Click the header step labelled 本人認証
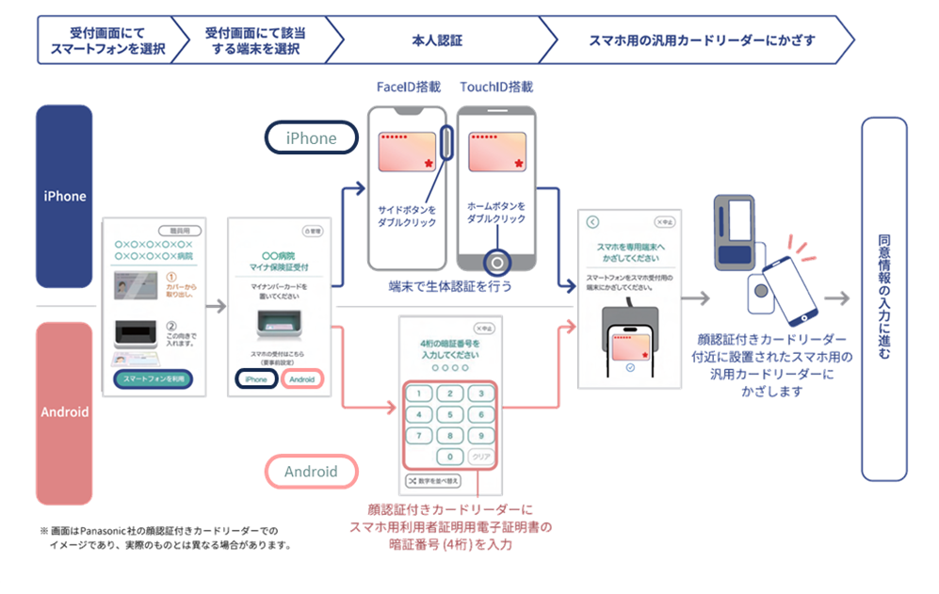coord(437,40)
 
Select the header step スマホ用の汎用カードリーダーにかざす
coord(701,40)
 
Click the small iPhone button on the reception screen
coord(256,379)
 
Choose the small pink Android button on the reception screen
coord(301,379)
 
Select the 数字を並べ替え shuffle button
coord(432,481)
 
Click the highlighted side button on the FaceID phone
coord(446,147)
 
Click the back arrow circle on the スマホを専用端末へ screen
coord(592,222)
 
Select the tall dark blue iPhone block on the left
coord(64,196)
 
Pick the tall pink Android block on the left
coord(64,412)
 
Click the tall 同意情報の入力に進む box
coord(883,298)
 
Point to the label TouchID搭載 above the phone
coord(496,88)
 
